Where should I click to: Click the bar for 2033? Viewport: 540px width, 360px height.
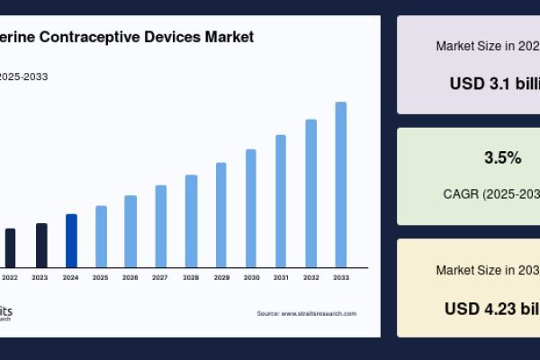pos(341,184)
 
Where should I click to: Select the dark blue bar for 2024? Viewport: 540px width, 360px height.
pos(71,240)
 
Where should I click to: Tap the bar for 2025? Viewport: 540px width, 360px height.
pos(101,236)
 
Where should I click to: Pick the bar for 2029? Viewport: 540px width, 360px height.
pos(221,214)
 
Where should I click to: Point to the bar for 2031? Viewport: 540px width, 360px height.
pos(281,201)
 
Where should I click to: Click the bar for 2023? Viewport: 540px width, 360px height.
pos(41,245)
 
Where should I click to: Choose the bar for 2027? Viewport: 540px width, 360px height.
pos(161,226)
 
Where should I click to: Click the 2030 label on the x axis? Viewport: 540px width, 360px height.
pos(251,278)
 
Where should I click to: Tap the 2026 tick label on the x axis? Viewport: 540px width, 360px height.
pos(130,278)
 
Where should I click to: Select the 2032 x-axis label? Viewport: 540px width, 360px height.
pos(310,278)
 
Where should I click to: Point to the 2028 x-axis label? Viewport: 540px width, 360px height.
pos(191,278)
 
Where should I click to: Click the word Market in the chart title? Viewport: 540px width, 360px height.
pos(228,37)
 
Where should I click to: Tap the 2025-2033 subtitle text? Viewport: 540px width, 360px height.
pos(23,76)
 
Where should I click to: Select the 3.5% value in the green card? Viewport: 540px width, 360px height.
pos(502,158)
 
